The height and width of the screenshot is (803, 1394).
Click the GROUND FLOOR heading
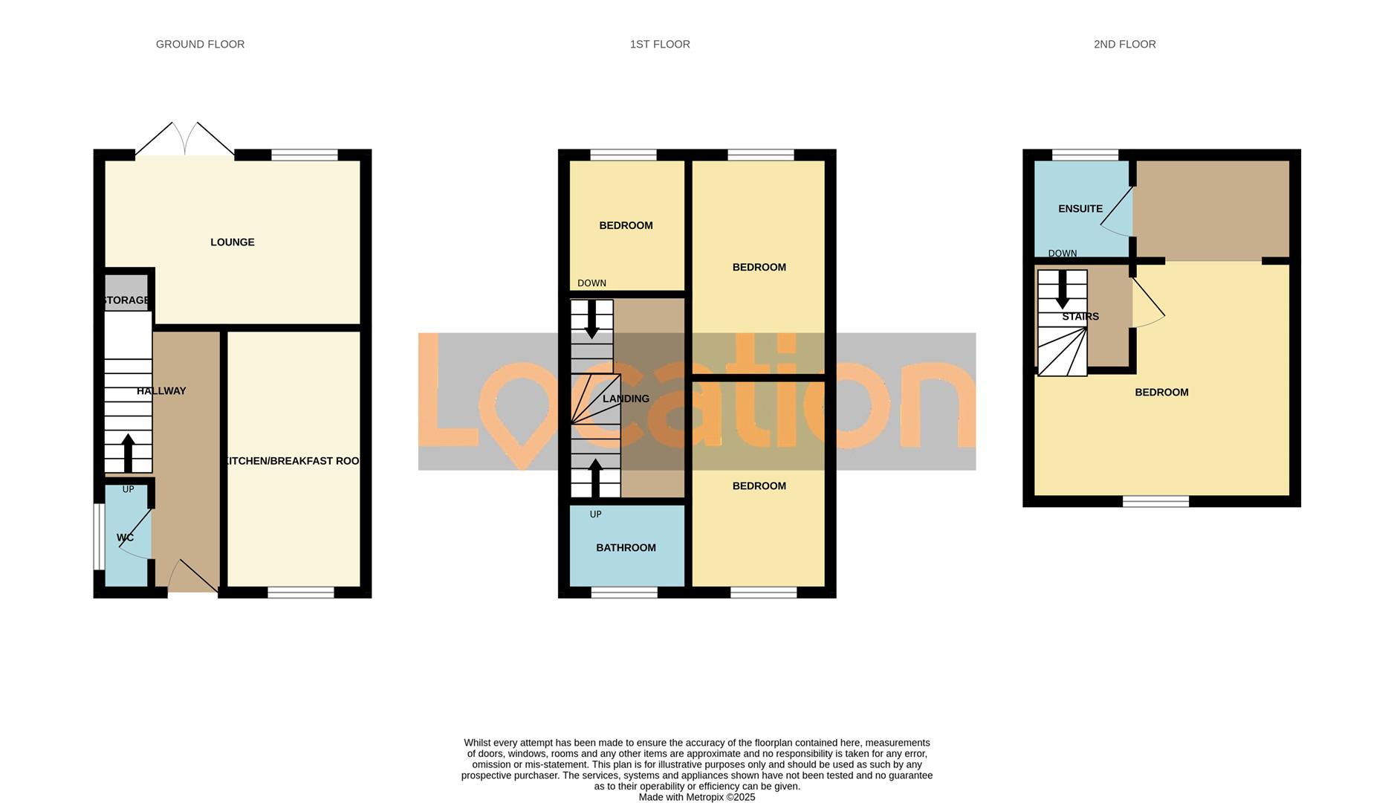(x=200, y=45)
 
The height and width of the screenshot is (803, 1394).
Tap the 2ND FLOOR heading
(x=1124, y=45)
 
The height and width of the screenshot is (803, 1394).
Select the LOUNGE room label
(x=232, y=242)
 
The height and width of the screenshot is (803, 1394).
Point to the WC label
(x=125, y=538)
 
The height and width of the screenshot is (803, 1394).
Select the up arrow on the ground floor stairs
(x=128, y=452)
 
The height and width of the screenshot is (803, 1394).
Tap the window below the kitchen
(x=301, y=593)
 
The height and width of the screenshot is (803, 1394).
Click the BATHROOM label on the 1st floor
(x=626, y=548)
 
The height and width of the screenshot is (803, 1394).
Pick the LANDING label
(x=626, y=399)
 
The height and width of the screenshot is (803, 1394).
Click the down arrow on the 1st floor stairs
(x=591, y=318)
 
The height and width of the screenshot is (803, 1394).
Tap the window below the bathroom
(x=624, y=593)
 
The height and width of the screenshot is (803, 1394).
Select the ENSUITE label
(x=1080, y=209)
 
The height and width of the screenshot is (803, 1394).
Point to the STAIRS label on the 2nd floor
(x=1080, y=317)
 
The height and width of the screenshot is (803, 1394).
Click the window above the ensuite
(x=1085, y=155)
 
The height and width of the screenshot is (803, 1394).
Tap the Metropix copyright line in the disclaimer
(x=696, y=797)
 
